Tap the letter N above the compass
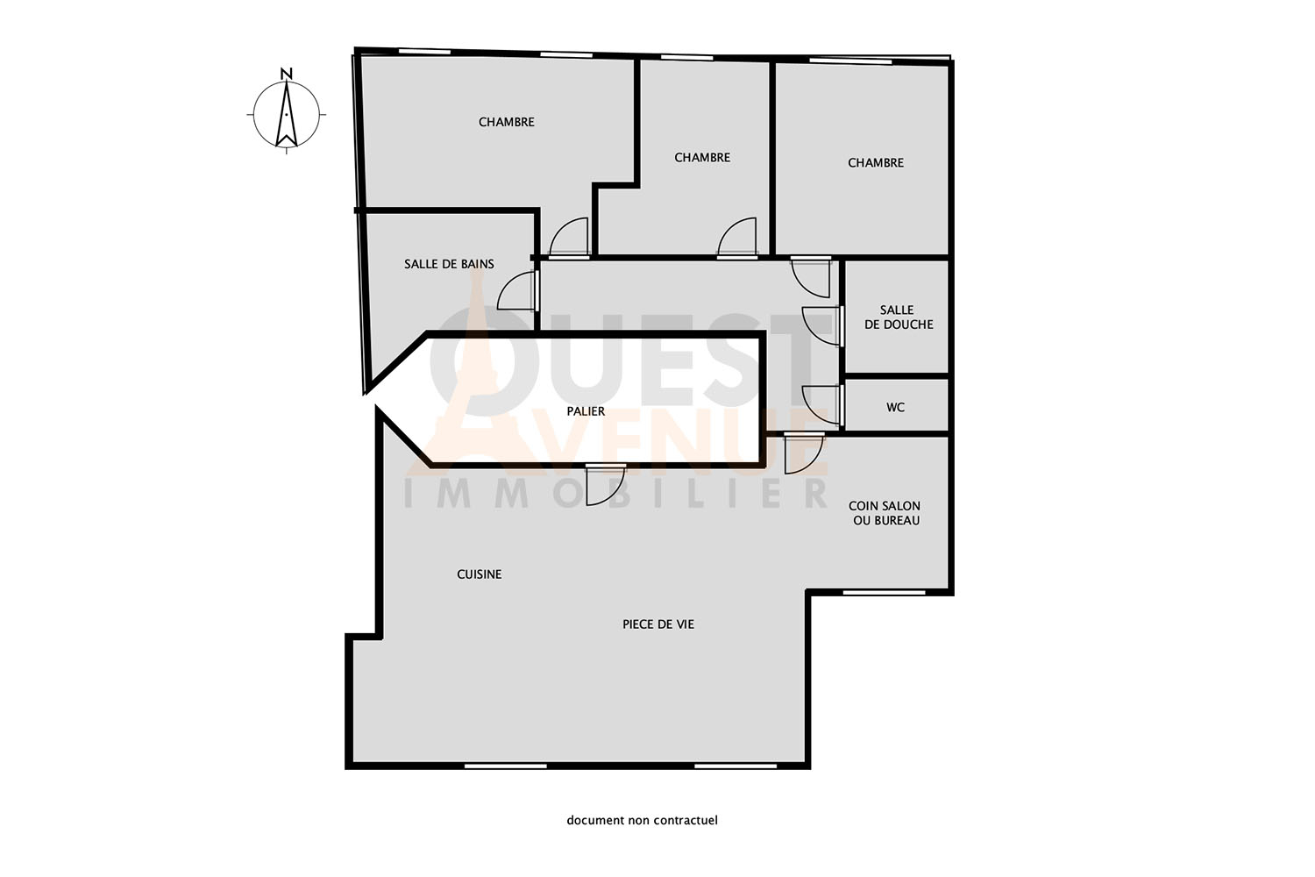(x=287, y=74)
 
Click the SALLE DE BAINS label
(x=449, y=264)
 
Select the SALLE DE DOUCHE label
(x=899, y=317)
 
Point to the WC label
(x=895, y=407)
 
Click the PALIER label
(x=586, y=411)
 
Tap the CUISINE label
(x=479, y=574)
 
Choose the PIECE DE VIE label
(x=658, y=624)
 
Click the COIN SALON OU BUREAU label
(x=885, y=513)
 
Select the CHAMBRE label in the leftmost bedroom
(x=506, y=122)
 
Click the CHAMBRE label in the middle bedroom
(x=702, y=158)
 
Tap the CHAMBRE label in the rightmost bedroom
(x=875, y=163)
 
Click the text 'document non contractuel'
(x=643, y=820)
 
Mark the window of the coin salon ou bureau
(x=884, y=593)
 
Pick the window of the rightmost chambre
(x=850, y=61)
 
